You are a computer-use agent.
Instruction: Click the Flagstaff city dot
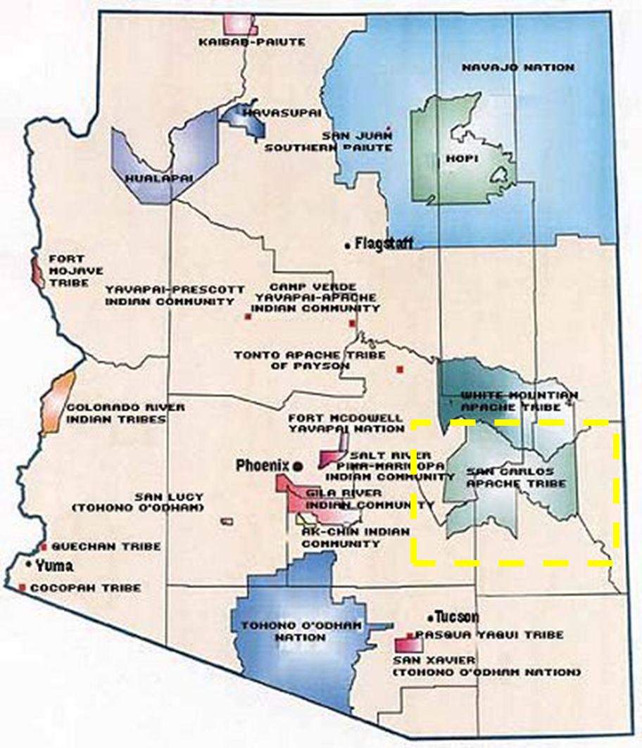348,246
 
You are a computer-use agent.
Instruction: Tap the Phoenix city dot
298,466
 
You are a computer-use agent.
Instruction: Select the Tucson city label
456,617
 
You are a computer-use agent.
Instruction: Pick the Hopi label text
462,160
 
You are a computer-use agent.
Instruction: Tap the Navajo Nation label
517,67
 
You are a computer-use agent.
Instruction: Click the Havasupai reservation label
272,113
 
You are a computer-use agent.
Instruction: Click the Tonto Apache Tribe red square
400,369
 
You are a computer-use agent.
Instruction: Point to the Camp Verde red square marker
352,324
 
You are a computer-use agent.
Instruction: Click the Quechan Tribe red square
44,547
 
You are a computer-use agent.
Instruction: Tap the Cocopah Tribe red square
23,588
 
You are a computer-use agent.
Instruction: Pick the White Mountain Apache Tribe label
519,401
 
